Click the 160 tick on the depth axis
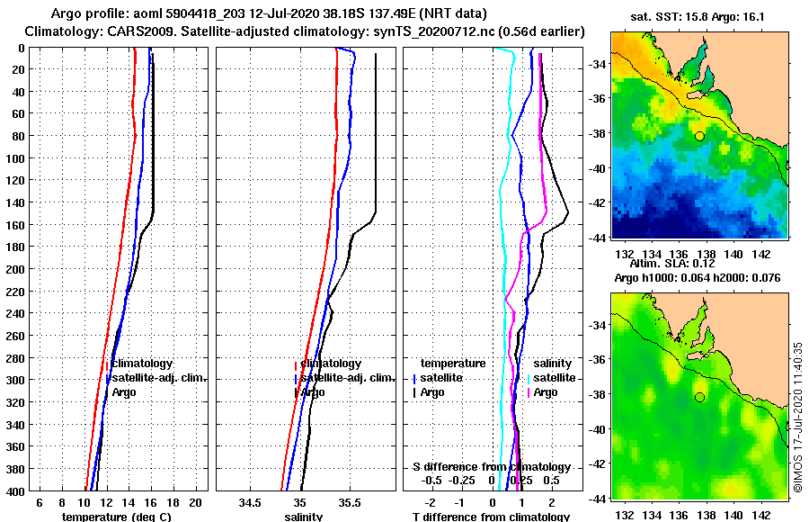click(x=17, y=224)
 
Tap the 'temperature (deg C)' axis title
click(x=116, y=517)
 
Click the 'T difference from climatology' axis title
click(x=491, y=517)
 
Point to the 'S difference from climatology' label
click(x=492, y=467)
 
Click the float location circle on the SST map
click(x=699, y=136)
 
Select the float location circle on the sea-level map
click(x=699, y=397)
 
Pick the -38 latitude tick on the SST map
click(x=599, y=134)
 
